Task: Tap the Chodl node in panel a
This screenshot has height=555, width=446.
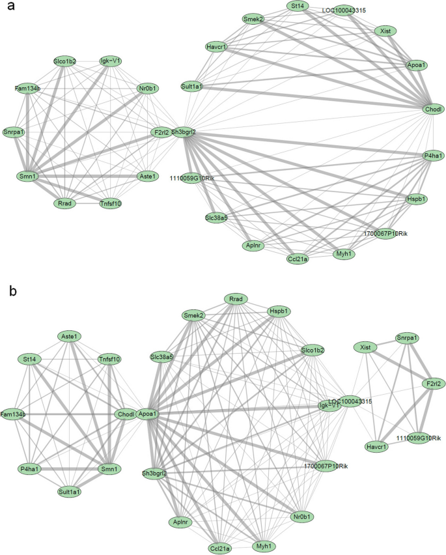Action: (433, 109)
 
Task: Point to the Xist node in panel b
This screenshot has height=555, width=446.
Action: (366, 349)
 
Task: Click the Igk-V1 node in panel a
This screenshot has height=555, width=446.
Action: (111, 61)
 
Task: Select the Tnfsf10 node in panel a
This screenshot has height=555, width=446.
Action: (109, 203)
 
